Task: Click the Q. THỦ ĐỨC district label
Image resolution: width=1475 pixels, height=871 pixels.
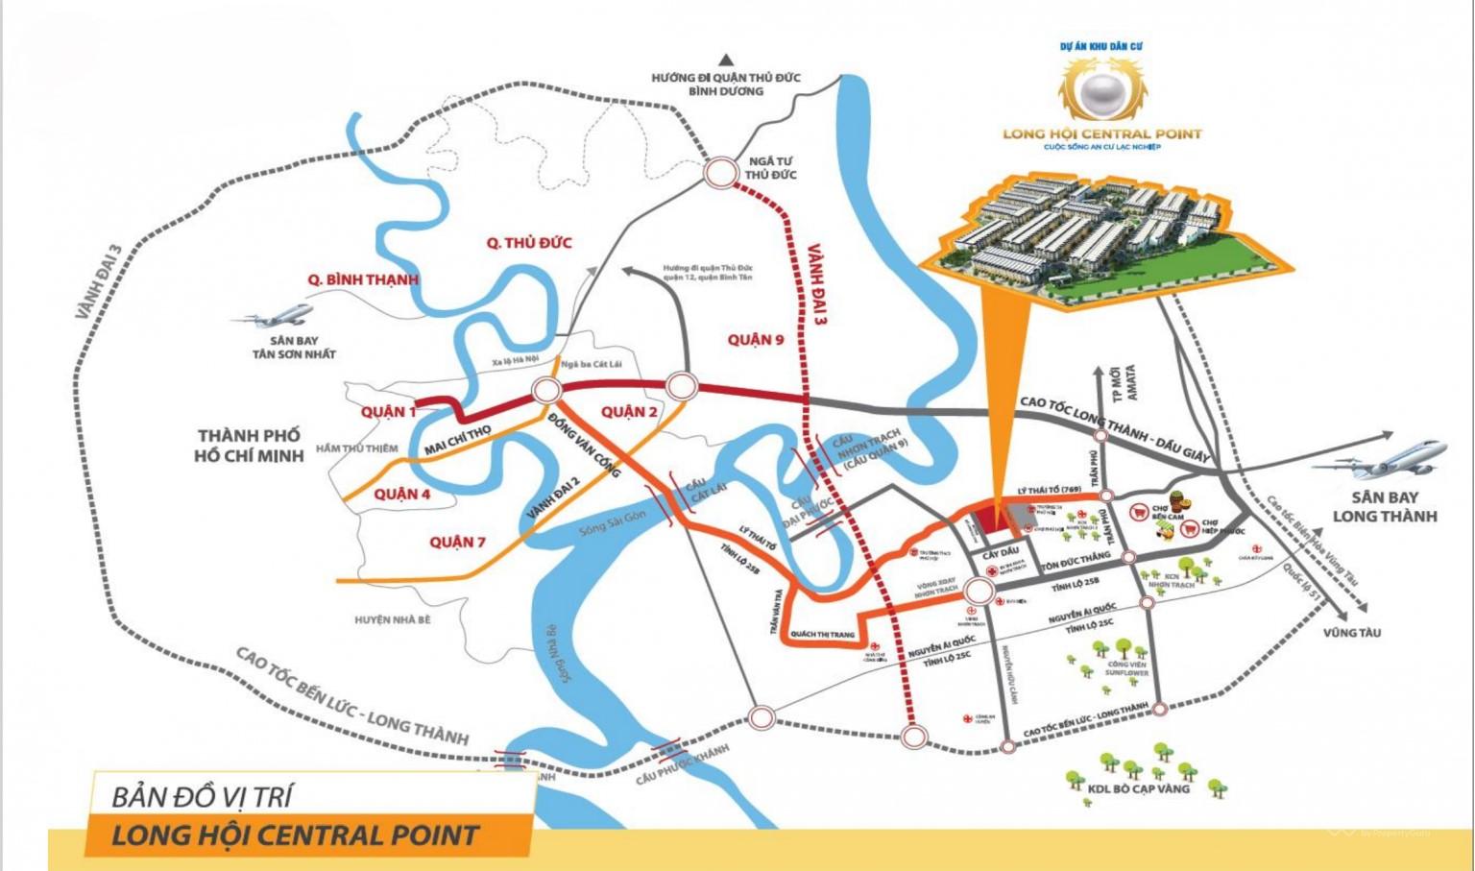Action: pyautogui.click(x=528, y=243)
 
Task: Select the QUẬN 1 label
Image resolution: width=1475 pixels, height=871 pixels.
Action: pyautogui.click(x=389, y=411)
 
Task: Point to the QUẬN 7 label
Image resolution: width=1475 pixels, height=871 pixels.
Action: pyautogui.click(x=457, y=542)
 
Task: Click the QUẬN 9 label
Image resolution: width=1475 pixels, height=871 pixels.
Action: pyautogui.click(x=755, y=339)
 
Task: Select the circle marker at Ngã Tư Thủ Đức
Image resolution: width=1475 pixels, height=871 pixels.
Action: pyautogui.click(x=719, y=174)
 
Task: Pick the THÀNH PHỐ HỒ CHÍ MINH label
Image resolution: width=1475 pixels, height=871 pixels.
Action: pyautogui.click(x=248, y=446)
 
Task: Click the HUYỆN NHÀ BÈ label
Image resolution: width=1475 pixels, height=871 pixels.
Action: pyautogui.click(x=392, y=620)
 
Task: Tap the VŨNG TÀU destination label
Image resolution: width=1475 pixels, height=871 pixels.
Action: pyautogui.click(x=1351, y=633)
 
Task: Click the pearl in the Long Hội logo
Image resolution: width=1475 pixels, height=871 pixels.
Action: pyautogui.click(x=1101, y=93)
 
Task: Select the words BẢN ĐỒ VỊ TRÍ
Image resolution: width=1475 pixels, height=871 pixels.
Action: pyautogui.click(x=202, y=797)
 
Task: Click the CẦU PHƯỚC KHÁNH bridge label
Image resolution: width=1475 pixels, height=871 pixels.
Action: pyautogui.click(x=682, y=763)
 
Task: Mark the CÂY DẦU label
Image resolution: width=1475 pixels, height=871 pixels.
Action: pyautogui.click(x=1001, y=553)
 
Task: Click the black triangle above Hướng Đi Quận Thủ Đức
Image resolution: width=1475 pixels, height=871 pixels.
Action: pyautogui.click(x=726, y=60)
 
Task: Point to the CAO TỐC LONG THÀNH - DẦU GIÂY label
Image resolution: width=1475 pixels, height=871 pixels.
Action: pyautogui.click(x=1114, y=429)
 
